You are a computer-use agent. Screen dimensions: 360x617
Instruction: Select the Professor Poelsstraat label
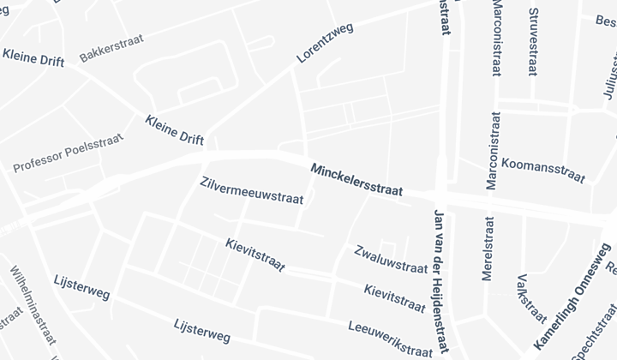point(69,153)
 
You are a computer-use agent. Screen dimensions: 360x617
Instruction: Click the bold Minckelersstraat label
point(356,180)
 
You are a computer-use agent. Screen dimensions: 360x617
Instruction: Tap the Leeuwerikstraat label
point(390,339)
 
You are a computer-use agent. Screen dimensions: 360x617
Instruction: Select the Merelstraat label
point(489,249)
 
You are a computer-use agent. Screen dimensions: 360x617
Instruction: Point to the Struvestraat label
point(533,42)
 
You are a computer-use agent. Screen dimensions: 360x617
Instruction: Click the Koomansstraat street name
point(543,170)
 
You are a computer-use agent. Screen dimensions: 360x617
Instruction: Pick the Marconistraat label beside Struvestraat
point(498,38)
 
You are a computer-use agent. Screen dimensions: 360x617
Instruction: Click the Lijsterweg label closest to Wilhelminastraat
point(81,287)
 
